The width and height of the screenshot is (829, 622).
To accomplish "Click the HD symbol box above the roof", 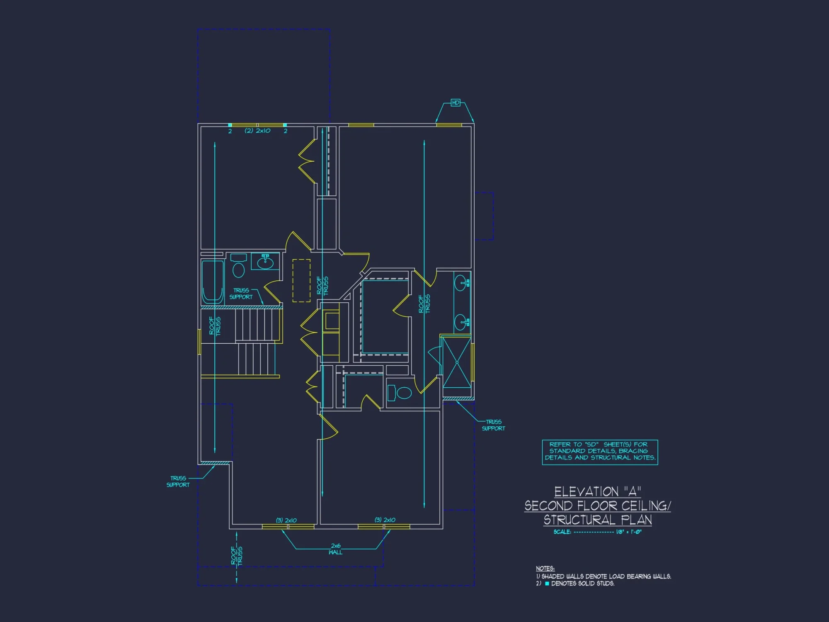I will point(456,102).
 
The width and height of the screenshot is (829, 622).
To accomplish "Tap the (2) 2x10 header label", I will point(257,131).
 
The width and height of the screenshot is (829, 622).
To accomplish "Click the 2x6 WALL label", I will point(336,549).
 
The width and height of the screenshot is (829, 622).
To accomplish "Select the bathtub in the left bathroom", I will point(213,282).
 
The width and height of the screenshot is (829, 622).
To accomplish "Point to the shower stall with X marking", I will point(457,362).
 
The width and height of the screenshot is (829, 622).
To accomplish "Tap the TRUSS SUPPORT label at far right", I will point(493,425).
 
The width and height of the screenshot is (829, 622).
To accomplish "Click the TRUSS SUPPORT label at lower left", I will point(178,481).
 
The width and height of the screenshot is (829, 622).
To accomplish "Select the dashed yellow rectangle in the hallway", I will point(301,281).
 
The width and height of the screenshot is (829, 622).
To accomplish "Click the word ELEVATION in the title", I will point(587,492).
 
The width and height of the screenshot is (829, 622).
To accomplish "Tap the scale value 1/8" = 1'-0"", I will point(629,532).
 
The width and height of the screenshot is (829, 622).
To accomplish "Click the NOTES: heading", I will point(545,569).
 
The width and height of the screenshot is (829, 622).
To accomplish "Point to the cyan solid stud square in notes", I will point(547,583).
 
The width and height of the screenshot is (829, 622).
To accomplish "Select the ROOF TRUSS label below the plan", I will point(237,556).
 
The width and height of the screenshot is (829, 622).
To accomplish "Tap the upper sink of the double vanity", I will point(461,284).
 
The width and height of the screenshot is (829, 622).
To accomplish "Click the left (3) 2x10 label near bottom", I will point(286,520).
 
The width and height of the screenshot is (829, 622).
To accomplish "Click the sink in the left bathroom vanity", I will point(265,262).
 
